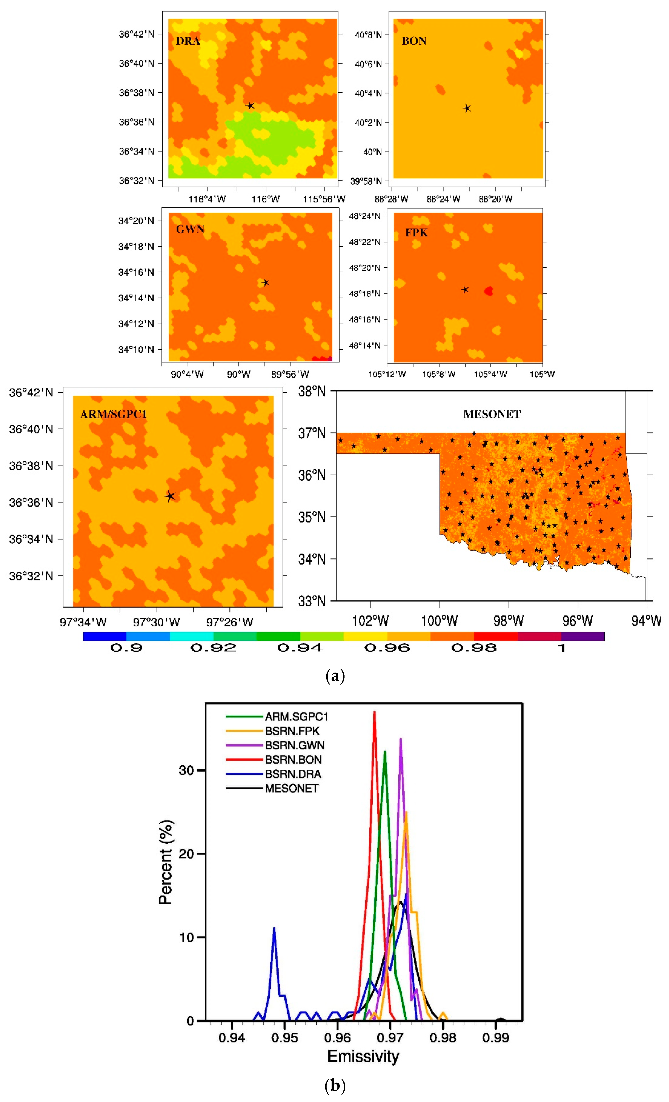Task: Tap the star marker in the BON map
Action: [x=467, y=108]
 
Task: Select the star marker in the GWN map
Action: [x=265, y=283]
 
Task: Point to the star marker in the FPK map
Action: [x=465, y=290]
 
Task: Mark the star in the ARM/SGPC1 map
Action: [x=170, y=496]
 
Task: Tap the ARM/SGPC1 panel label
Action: [x=114, y=414]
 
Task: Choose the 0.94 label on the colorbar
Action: [x=300, y=648]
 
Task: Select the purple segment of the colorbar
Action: [x=583, y=636]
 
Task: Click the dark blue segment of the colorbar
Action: [x=105, y=636]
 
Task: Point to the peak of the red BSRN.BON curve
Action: [x=375, y=712]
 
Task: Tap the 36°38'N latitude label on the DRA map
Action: [x=136, y=93]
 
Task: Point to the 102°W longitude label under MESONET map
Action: [x=370, y=621]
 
